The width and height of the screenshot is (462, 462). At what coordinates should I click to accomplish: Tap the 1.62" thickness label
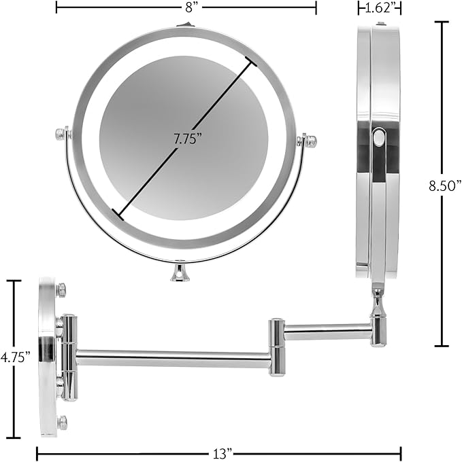point(380,8)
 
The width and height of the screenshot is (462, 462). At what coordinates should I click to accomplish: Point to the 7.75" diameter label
point(187,139)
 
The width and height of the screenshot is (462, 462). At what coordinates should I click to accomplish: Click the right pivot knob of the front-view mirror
point(310,141)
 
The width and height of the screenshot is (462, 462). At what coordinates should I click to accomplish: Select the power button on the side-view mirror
point(379,139)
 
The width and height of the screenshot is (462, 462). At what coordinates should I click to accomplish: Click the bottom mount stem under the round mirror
point(180,271)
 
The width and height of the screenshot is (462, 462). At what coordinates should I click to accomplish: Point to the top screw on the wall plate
point(61,290)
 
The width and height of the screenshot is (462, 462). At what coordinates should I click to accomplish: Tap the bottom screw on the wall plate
point(62,422)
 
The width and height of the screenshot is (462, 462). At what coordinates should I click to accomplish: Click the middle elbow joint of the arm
point(276,346)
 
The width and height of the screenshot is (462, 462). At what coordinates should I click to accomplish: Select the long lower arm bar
point(174,358)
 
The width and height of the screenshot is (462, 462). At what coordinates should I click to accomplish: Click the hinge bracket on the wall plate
point(69,357)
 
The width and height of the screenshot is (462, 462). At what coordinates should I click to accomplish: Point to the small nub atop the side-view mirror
point(380,24)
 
